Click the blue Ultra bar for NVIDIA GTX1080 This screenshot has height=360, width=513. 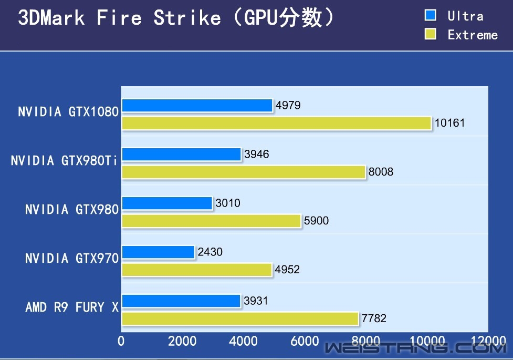pyautogui.click(x=197, y=106)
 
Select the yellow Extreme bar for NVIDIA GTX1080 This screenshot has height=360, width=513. pyautogui.click(x=277, y=124)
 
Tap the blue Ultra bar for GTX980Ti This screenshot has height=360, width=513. pyautogui.click(x=182, y=154)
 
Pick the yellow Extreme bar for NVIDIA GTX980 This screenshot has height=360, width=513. pyautogui.click(x=212, y=221)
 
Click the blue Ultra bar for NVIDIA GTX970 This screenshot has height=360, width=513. pyautogui.click(x=159, y=252)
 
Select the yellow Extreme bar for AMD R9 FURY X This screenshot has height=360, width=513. pyautogui.click(x=240, y=318)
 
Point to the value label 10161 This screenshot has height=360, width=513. pyautogui.click(x=450, y=124)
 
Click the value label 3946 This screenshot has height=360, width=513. pyautogui.click(x=257, y=154)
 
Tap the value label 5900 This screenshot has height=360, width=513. pyautogui.click(x=316, y=221)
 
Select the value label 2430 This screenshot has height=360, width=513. pyautogui.click(x=210, y=252)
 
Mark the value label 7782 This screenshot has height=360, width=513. pyautogui.click(x=374, y=318)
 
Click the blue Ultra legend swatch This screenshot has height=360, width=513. pyautogui.click(x=431, y=15)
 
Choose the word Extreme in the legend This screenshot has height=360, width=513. pyautogui.click(x=473, y=35)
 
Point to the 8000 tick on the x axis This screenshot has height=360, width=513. pyautogui.click(x=366, y=341)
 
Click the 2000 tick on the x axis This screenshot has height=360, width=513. pyautogui.click(x=182, y=341)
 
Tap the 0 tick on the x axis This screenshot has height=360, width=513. pyautogui.click(x=121, y=341)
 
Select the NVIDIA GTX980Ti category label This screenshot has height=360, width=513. pyautogui.click(x=64, y=161)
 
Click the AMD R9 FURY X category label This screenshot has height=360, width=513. pyautogui.click(x=72, y=307)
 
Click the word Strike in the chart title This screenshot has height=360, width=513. pyautogui.click(x=187, y=18)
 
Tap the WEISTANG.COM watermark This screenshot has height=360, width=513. pyautogui.click(x=415, y=348)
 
